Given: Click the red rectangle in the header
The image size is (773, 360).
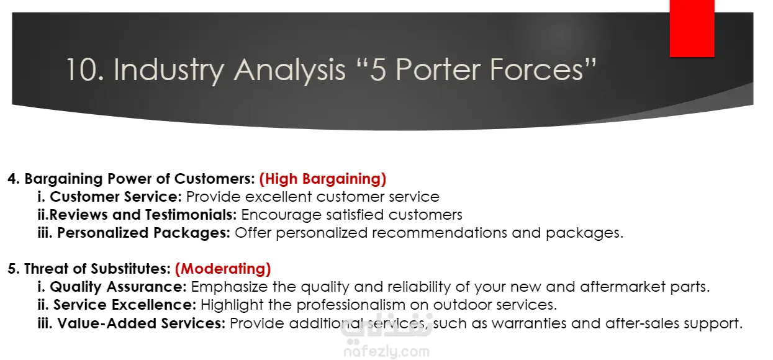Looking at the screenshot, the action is [x=692, y=29].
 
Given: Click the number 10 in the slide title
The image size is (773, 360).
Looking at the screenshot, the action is [x=84, y=70].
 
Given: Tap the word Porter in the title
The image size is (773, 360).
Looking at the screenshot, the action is [x=438, y=70].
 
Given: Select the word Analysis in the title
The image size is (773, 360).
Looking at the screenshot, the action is [x=289, y=71].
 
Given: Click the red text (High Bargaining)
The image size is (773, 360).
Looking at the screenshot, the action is [x=323, y=179].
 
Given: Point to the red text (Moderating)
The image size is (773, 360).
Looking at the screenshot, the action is [x=223, y=269].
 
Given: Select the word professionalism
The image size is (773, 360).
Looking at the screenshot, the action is [x=351, y=305].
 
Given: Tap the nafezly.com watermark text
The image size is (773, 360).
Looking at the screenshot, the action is [x=386, y=352].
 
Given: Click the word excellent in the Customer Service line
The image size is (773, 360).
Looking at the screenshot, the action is [x=278, y=197].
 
